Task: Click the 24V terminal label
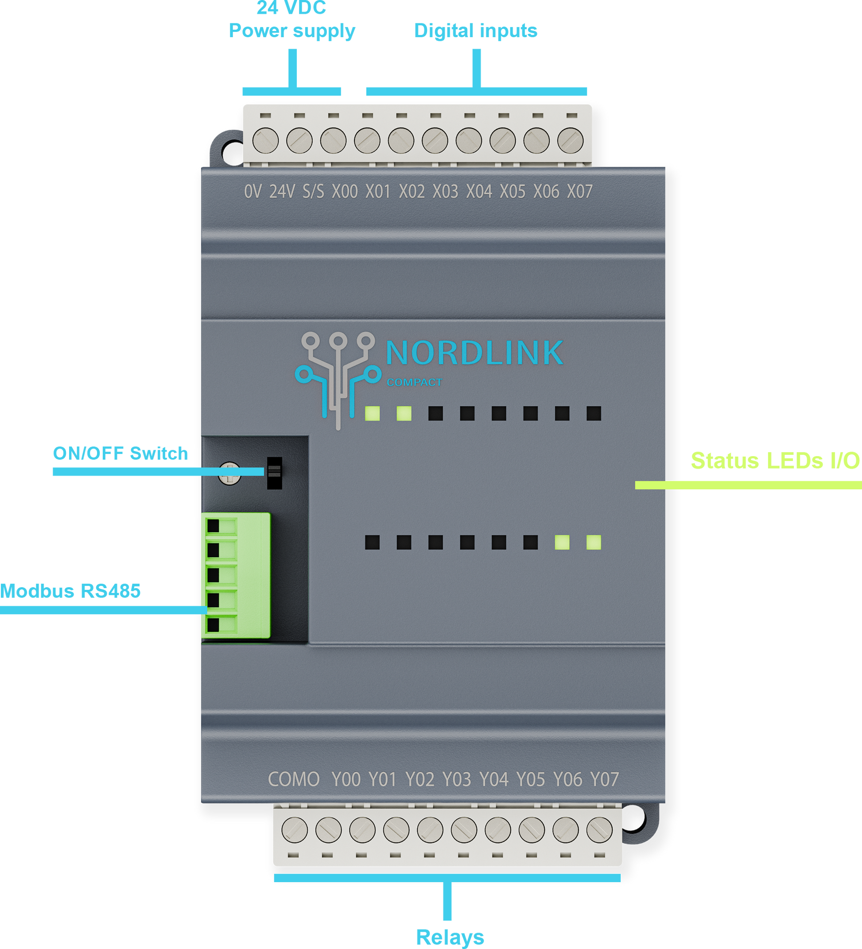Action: (282, 192)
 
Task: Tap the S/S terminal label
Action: (313, 192)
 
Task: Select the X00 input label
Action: (345, 192)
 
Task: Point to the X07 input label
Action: (579, 192)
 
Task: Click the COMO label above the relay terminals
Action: (294, 779)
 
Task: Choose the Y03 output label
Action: (457, 779)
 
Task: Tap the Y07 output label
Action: (605, 779)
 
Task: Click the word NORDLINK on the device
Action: (474, 353)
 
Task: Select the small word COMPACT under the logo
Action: (414, 382)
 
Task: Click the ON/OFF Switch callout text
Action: (120, 453)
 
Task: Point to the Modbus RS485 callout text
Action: (70, 591)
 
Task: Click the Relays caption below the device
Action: (450, 937)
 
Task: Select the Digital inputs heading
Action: (475, 31)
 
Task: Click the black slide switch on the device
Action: (275, 473)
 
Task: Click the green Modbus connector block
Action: (237, 575)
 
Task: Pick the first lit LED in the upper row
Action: (373, 413)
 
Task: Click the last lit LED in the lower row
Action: (594, 542)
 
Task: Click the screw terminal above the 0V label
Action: (265, 140)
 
